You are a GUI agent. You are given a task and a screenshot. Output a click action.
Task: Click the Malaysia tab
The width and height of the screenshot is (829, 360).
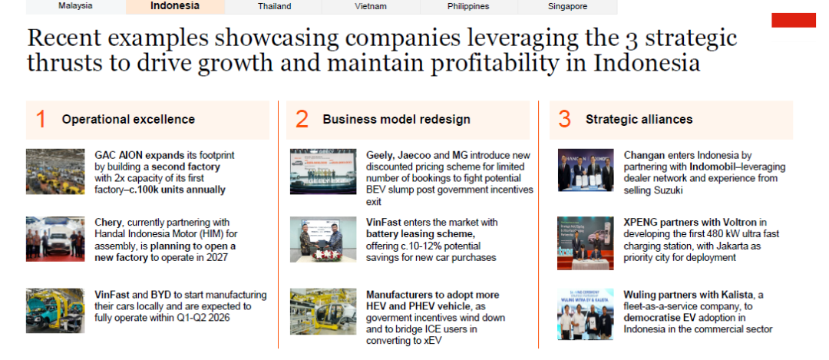point(75,6)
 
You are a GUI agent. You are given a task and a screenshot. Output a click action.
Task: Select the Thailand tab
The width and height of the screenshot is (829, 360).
point(274,6)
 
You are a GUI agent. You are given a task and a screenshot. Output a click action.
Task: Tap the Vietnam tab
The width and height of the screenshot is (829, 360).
point(372,6)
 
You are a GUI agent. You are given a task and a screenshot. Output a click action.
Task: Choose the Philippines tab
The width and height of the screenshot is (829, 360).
point(468,6)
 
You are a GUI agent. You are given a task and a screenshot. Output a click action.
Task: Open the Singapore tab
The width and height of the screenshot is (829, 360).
point(568,6)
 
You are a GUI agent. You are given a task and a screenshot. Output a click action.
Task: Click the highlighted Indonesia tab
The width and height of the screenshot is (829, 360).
point(175,6)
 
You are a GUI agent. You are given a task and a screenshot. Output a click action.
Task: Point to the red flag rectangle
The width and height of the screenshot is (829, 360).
point(794,20)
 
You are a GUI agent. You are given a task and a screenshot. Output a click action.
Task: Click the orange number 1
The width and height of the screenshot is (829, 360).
point(41,120)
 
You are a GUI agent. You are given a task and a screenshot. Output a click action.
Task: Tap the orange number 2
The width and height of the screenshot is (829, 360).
point(302,120)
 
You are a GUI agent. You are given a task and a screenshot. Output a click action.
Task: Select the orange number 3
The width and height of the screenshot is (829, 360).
point(565,120)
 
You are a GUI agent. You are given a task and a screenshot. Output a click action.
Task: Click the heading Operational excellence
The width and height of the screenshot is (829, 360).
point(128,120)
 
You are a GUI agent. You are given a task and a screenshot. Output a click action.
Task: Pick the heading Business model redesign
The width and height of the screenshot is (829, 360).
point(397,120)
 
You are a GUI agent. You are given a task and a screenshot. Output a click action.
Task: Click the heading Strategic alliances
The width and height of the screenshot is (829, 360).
point(639,120)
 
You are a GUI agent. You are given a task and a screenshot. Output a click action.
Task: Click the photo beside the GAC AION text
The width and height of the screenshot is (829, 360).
point(55,172)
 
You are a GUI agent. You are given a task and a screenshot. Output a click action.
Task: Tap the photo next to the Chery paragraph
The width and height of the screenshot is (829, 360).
point(55,239)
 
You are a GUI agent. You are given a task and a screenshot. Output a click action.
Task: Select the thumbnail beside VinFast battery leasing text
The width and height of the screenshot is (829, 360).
point(316,239)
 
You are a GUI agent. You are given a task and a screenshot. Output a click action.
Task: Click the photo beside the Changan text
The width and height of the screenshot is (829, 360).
point(586,170)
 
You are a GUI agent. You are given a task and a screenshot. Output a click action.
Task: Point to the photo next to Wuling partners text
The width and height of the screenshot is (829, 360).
point(585,314)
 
